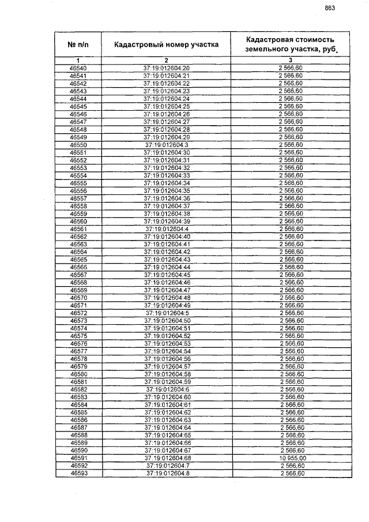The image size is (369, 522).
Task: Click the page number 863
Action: (330, 8)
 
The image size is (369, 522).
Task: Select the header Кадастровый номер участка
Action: (166, 44)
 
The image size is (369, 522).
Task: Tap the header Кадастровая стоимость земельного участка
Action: (290, 44)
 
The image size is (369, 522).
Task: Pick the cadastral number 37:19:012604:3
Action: (166, 145)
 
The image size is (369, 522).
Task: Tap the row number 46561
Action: (78, 229)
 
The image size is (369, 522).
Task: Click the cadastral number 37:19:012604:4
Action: (166, 229)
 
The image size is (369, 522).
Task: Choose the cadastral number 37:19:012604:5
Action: (166, 313)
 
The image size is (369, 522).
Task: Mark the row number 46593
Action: (78, 474)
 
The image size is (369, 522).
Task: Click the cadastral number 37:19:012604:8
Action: (166, 474)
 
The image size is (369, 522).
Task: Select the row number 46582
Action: (78, 389)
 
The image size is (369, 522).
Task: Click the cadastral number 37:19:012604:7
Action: (166, 466)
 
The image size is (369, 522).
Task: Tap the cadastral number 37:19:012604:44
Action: (166, 267)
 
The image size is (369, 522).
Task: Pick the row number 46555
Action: (78, 183)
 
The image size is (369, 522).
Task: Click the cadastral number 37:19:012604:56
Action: (166, 359)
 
